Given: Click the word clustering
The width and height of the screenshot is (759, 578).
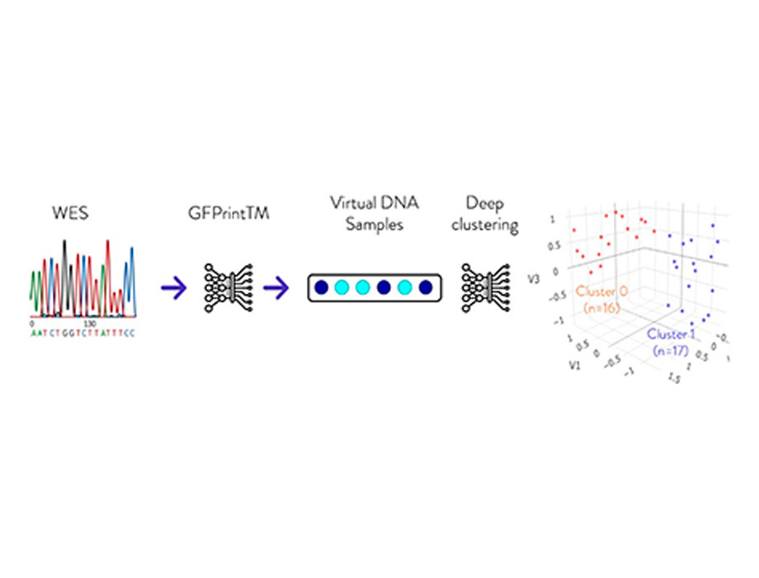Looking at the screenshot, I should pos(489,224).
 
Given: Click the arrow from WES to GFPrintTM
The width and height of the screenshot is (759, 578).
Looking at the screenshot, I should pos(174,287).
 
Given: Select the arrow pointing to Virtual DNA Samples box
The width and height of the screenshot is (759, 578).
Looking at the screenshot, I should pos(276,287).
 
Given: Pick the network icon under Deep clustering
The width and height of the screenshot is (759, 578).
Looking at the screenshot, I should pos(486,287).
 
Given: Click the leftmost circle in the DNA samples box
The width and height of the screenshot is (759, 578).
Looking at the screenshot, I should pos(322,288).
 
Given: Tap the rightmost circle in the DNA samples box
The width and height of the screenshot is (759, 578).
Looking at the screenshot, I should pos(426,288).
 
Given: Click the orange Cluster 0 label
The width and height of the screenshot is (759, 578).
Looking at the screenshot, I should pos(606,292).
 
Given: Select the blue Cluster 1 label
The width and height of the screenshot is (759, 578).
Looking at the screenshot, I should pos(676,334).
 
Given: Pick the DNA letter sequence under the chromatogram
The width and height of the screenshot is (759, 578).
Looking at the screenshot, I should pos(82,332).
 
